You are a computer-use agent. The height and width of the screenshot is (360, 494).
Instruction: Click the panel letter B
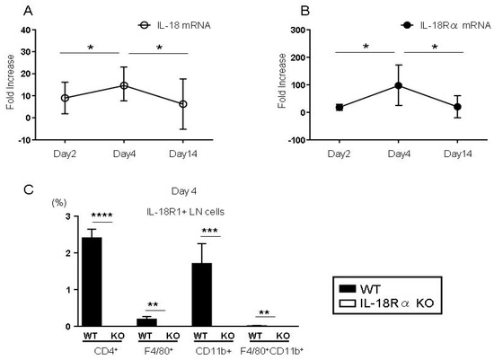(260, 10)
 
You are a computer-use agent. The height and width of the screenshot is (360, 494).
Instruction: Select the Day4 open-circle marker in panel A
(124, 85)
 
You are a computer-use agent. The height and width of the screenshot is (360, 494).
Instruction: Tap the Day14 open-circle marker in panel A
(183, 104)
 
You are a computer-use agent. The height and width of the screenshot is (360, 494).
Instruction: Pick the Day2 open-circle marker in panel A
(65, 98)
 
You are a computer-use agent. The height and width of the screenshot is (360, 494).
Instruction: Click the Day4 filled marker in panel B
(397, 86)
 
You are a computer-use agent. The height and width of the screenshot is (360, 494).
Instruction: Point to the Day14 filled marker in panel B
(457, 107)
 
